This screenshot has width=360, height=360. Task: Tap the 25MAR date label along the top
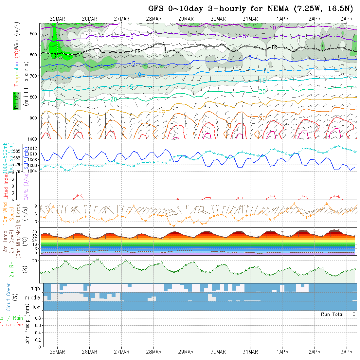click(57, 19)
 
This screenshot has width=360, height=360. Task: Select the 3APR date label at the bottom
click(347, 352)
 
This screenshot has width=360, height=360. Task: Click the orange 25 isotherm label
click(162, 111)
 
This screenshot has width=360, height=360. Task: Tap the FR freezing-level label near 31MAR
click(274, 47)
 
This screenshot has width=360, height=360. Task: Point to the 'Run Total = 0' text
click(338, 314)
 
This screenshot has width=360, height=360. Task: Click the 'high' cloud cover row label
click(35, 288)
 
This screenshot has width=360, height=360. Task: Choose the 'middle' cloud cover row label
click(33, 298)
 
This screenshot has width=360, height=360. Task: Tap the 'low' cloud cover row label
click(36, 307)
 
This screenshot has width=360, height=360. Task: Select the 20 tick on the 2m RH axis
click(34, 261)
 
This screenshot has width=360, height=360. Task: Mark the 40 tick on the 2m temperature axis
click(33, 231)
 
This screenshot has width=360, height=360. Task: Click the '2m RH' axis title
click(11, 269)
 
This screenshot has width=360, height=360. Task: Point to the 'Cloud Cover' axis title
click(9, 297)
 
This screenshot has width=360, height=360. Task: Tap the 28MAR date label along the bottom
click(154, 352)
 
